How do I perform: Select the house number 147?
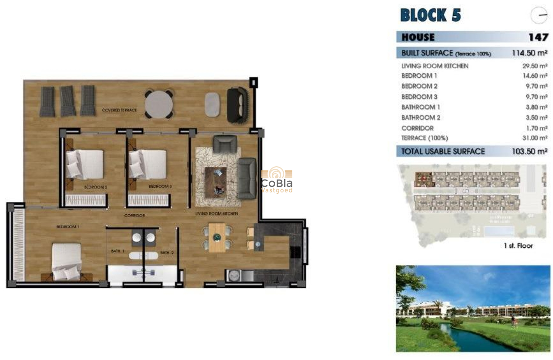(538, 37)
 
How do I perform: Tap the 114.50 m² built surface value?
(529, 53)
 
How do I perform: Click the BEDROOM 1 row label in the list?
(416, 76)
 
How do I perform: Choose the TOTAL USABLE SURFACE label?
(443, 151)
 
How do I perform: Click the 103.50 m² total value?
(529, 151)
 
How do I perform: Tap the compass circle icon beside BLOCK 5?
(539, 16)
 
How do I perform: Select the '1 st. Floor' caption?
(518, 246)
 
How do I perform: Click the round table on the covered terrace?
(158, 103)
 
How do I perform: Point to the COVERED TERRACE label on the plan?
(119, 111)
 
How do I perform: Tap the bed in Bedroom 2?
(86, 164)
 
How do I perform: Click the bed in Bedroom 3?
(148, 164)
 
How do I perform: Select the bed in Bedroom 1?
(66, 261)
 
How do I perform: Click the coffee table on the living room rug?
(216, 182)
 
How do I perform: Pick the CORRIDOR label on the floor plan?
(134, 216)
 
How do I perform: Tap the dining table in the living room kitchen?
(217, 237)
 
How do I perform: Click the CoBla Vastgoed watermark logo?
(277, 180)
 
